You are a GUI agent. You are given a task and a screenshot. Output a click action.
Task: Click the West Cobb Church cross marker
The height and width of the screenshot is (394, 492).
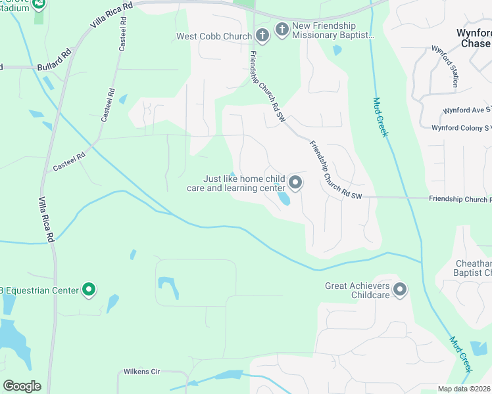pyautogui.click(x=262, y=36)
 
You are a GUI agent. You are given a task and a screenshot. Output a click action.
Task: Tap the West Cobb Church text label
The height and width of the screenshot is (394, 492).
pyautogui.click(x=214, y=36)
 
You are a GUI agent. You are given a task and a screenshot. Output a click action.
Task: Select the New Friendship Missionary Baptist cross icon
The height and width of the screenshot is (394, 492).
pyautogui.click(x=282, y=29)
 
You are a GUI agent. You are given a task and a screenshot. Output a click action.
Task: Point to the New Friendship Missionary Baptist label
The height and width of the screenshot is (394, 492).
pyautogui.click(x=333, y=31)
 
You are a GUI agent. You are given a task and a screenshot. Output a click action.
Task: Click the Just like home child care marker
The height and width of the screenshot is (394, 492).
pyautogui.click(x=295, y=183)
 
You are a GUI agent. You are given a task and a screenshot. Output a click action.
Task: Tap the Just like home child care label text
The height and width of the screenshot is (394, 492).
pyautogui.click(x=244, y=183)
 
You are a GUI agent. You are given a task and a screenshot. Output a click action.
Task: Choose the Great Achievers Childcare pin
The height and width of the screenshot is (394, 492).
pyautogui.click(x=400, y=290)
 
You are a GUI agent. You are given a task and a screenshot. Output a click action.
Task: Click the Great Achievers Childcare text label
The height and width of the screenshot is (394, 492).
pyautogui.click(x=358, y=290)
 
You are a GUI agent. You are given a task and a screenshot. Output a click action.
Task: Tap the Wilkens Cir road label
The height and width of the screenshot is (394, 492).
pyautogui.click(x=142, y=372)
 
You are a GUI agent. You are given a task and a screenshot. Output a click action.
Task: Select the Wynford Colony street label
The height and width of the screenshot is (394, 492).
pyautogui.click(x=460, y=128)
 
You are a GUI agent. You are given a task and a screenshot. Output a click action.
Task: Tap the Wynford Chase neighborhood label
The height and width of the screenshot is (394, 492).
pyautogui.click(x=474, y=38)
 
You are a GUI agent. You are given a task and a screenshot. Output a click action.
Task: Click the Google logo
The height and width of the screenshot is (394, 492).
pyautogui.click(x=22, y=386)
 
